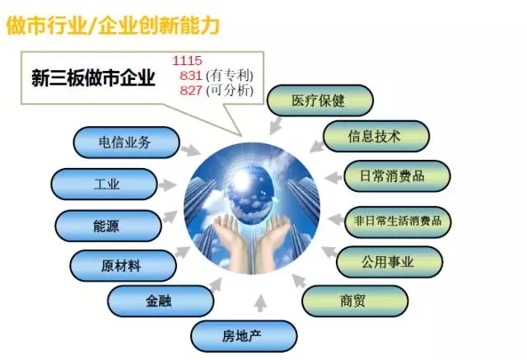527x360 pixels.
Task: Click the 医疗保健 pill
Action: [320, 101]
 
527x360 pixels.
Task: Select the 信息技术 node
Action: [375, 136]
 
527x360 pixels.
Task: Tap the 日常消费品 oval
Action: [397, 175]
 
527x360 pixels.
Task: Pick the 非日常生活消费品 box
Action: [398, 222]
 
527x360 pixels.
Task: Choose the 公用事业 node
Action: [389, 261]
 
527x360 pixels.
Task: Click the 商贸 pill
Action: [355, 301]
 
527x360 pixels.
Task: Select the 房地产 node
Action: [244, 336]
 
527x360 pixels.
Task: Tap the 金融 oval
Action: [161, 301]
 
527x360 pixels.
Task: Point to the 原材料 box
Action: [123, 265]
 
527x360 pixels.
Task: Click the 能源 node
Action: [108, 226]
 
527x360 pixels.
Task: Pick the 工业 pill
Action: [104, 185]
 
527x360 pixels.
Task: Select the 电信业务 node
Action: [126, 143]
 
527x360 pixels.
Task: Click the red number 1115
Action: [187, 61]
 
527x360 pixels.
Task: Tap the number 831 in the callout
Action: [191, 76]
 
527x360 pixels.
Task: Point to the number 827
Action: [191, 91]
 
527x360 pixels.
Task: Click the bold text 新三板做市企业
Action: [93, 78]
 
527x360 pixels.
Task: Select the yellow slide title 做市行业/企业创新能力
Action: [113, 26]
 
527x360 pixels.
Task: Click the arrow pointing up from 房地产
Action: [260, 302]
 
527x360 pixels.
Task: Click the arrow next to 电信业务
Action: [190, 150]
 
